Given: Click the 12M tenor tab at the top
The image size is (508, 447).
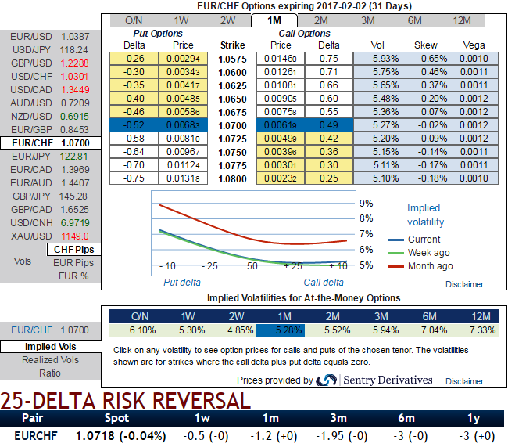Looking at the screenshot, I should [461, 20].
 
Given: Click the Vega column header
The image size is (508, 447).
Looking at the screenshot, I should [474, 45].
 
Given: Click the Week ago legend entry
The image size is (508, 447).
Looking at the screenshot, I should [429, 253].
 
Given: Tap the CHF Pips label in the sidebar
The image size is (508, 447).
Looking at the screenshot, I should [74, 249].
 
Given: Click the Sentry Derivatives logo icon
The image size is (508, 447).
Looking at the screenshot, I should [326, 380].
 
